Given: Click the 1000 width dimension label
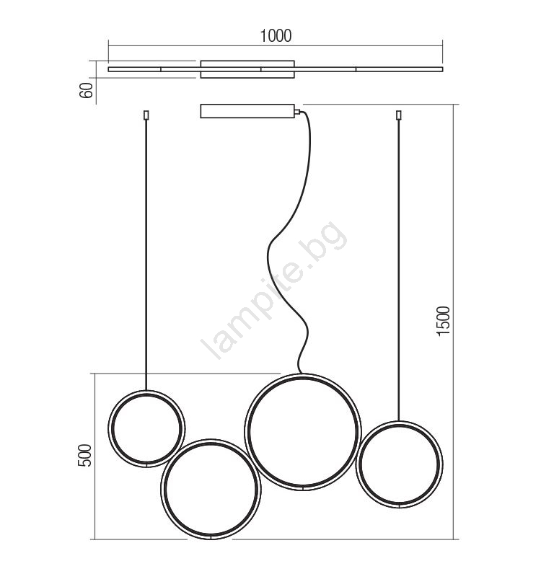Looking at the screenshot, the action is click(276, 36).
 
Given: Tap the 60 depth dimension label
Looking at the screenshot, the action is click(87, 90).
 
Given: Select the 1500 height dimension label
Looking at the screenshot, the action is click(444, 321).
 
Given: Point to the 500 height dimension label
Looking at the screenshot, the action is click(84, 456).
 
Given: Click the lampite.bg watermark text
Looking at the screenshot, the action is click(273, 291).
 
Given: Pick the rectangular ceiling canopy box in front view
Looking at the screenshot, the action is click(247, 111).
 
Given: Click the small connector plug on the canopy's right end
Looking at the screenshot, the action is click(297, 111).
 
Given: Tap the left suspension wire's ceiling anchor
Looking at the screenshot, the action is click(146, 115).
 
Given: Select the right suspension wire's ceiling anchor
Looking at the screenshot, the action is click(399, 115).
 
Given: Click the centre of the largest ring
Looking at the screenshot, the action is click(303, 432).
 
